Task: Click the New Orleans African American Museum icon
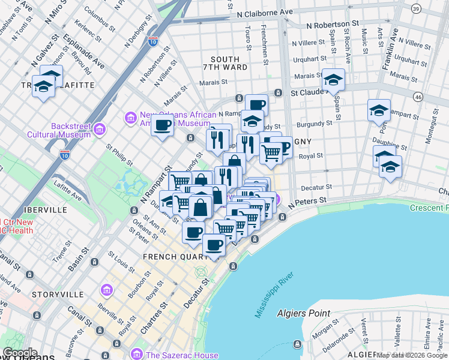pyautogui.click(x=130, y=119)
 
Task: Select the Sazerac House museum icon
pyautogui.click(x=137, y=355)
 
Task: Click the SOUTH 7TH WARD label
pyautogui.click(x=225, y=64)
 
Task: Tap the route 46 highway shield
pyautogui.click(x=418, y=97)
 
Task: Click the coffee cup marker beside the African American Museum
pyautogui.click(x=162, y=125)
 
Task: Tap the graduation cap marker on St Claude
pyautogui.click(x=333, y=79)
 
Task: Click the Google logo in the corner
pyautogui.click(x=20, y=353)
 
